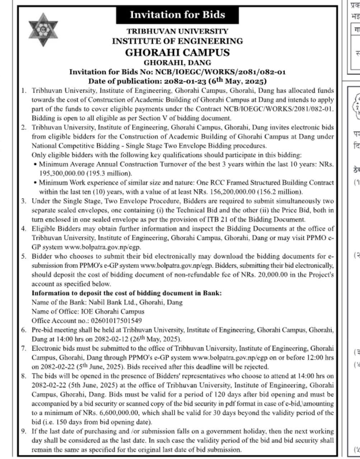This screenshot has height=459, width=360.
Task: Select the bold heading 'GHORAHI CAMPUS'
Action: click(177, 52)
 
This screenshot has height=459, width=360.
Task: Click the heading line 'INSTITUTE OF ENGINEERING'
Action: click(177, 41)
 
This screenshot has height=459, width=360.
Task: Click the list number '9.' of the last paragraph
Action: click(24, 431)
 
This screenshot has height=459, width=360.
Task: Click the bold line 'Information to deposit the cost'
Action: click(127, 293)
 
